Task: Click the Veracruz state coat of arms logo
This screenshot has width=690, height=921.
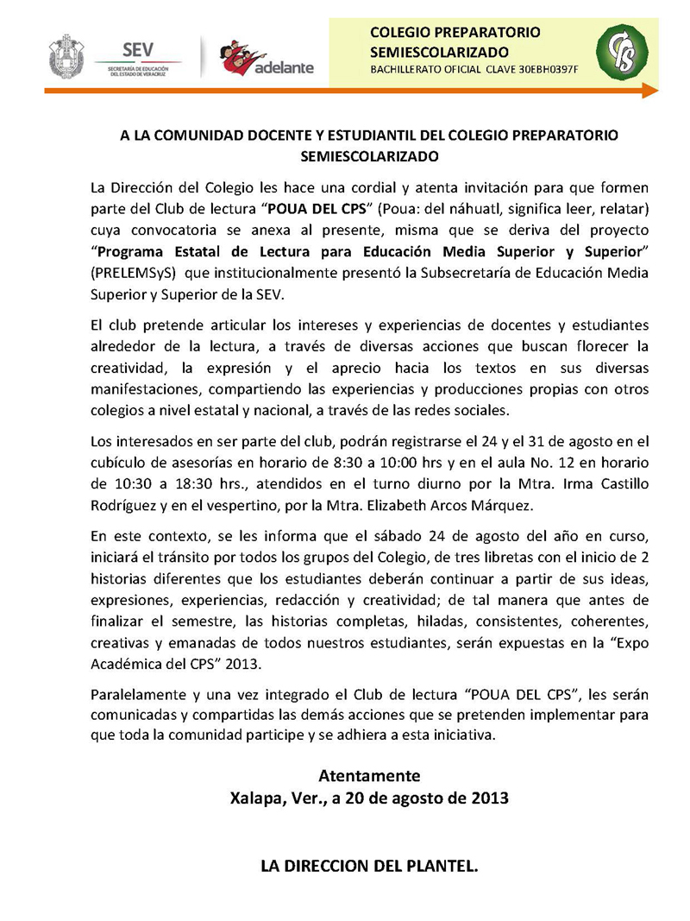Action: (66, 56)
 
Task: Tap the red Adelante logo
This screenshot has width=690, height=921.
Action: (267, 58)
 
